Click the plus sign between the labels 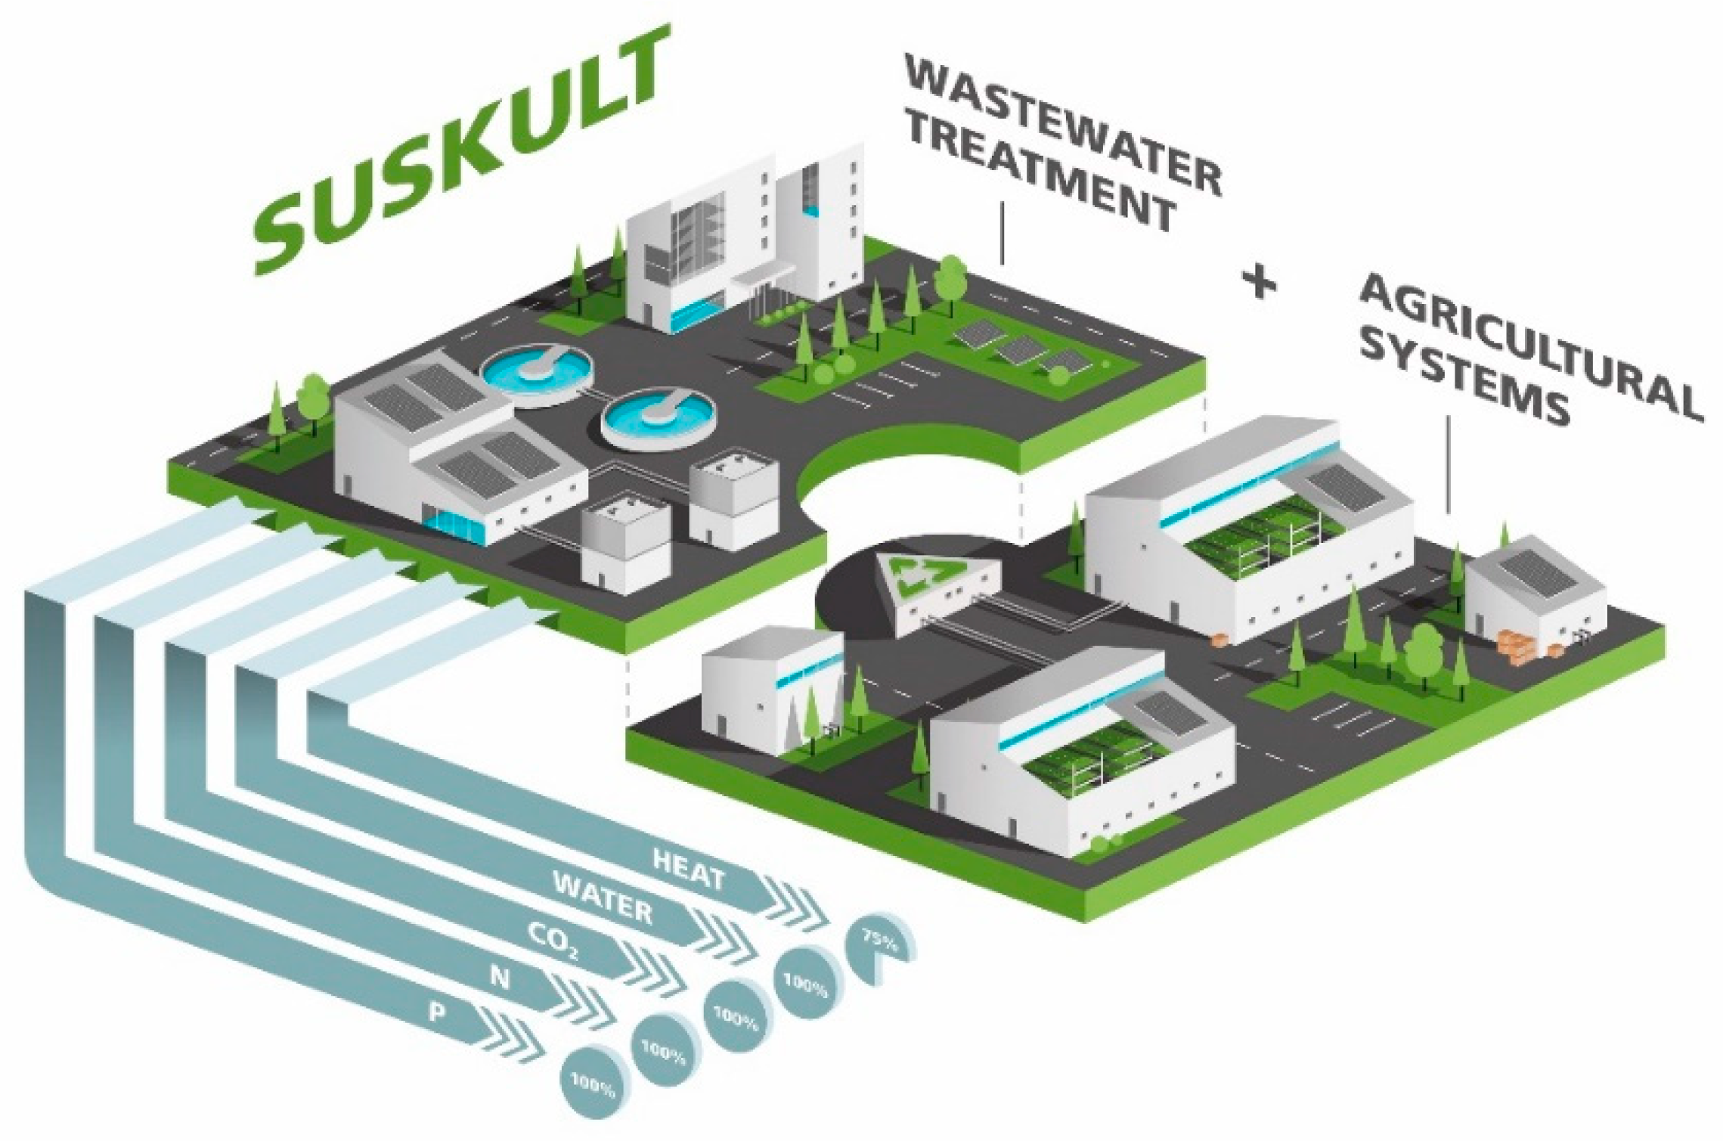(x=1260, y=285)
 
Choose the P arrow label (x=437, y=1012)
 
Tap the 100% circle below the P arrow (x=593, y=1087)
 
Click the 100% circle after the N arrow (x=663, y=1052)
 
